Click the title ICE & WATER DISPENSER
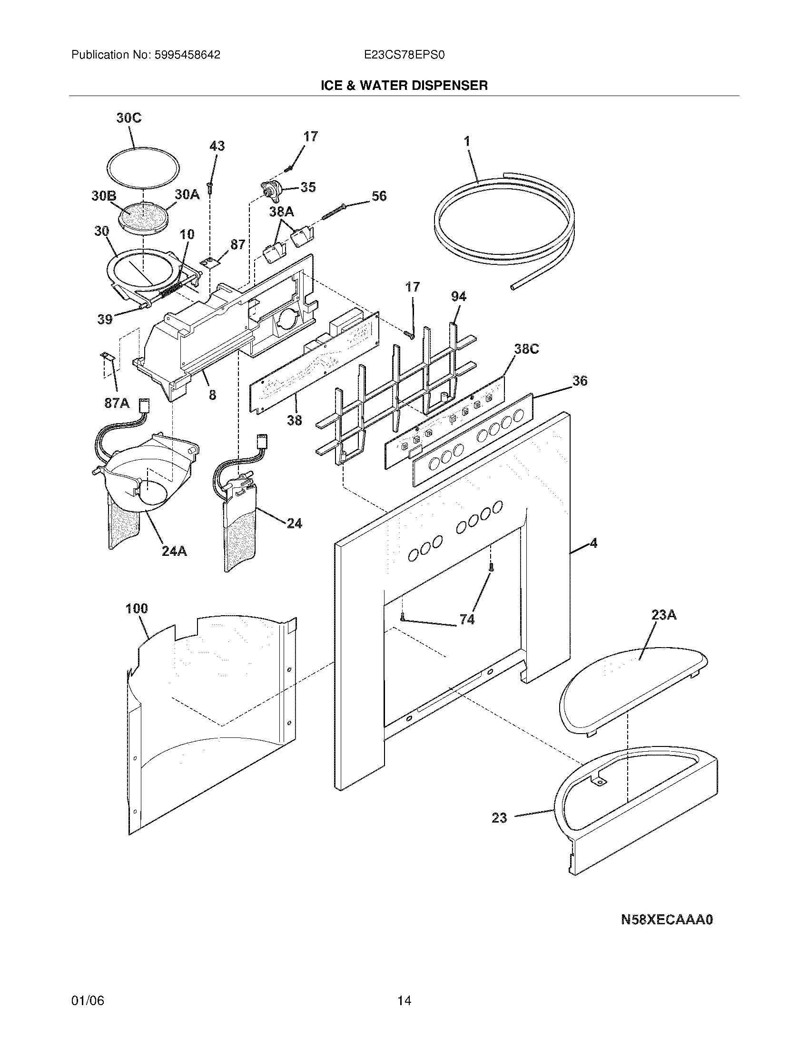(404, 85)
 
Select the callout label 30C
(129, 118)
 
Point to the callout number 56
(379, 196)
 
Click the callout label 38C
(526, 349)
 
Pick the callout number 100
(137, 609)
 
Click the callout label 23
(499, 818)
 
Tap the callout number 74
(467, 620)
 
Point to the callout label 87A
(117, 403)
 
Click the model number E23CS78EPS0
(404, 55)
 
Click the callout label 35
(308, 187)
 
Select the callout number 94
(458, 297)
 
